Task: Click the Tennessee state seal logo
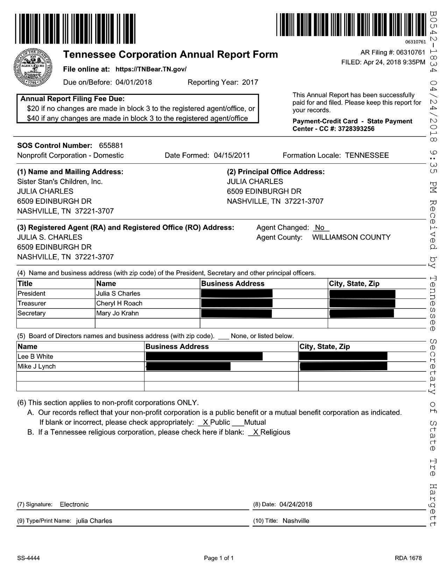(33, 66)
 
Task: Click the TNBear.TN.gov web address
(151, 69)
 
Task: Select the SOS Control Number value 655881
(111, 145)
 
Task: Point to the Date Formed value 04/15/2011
(232, 155)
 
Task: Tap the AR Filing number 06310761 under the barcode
(415, 42)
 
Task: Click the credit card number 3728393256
(356, 129)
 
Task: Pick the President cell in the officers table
(31, 293)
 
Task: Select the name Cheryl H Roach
(119, 303)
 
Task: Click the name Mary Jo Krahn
(118, 313)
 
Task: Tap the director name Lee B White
(35, 356)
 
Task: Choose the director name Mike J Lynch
(37, 366)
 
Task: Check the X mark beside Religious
(256, 432)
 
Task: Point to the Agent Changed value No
(320, 228)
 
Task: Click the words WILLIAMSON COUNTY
(351, 237)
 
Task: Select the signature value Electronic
(74, 504)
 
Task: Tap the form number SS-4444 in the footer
(28, 558)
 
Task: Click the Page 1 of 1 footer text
(219, 558)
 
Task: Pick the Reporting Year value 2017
(250, 83)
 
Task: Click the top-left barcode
(75, 29)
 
